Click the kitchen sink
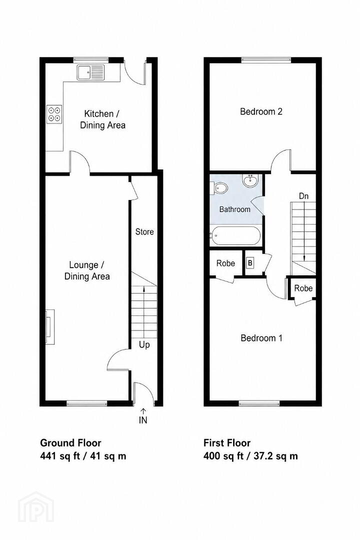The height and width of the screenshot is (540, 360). point(90,72)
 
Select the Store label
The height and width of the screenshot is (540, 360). point(144,232)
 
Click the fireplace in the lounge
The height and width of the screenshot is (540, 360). point(49,326)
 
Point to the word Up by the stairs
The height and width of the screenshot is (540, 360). point(144,344)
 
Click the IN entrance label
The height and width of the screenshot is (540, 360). point(143,420)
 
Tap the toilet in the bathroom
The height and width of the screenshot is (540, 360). point(219,188)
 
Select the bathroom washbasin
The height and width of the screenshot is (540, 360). point(250,181)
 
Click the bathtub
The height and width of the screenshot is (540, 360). point(236,235)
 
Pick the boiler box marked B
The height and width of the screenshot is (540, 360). point(250,263)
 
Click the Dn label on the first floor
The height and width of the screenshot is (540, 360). point(303,196)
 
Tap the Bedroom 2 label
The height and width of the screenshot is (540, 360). point(261,111)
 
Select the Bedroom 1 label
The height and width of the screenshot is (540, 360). point(261,338)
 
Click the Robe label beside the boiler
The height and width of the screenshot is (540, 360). point(225,263)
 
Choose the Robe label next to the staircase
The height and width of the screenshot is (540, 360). point(303,288)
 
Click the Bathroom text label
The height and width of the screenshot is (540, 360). point(235,209)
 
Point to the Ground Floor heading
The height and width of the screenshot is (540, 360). point(70,443)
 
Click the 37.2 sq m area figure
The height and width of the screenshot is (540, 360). point(276,456)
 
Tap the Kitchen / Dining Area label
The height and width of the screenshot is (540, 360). point(102,119)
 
